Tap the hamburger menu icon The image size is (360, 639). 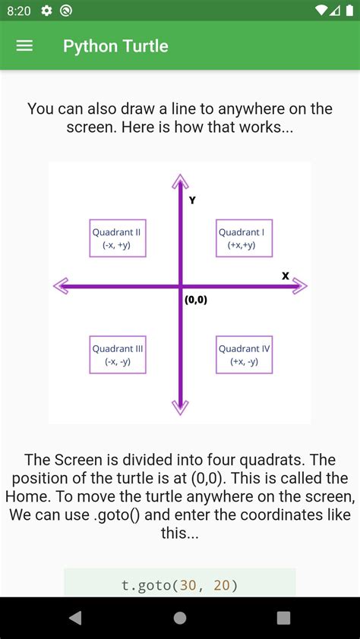[x=24, y=46]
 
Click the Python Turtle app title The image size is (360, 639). [x=115, y=46]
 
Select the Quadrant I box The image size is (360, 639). [x=244, y=238]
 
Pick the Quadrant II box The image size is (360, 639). [x=118, y=238]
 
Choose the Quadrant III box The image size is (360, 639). [x=118, y=354]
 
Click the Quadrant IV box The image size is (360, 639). [x=244, y=354]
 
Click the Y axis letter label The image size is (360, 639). [x=192, y=200]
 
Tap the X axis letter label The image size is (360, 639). [x=286, y=276]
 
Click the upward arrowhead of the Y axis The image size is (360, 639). [x=180, y=181]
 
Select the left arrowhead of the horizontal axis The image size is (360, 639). [x=62, y=286]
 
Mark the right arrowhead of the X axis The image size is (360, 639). [x=300, y=286]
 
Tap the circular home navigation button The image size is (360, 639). [x=180, y=618]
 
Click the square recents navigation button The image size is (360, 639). [x=283, y=618]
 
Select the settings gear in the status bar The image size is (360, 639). [x=47, y=11]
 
